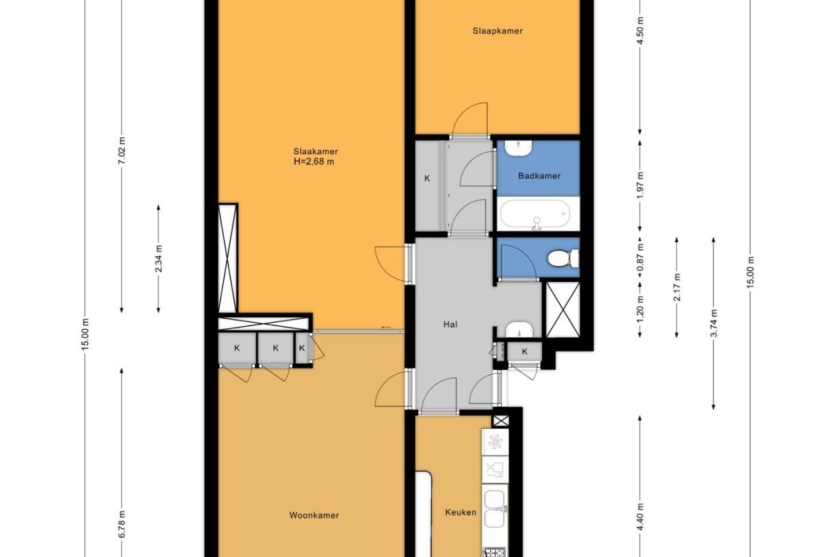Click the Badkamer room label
coord(539,176)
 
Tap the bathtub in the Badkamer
coord(538,214)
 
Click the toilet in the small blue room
coord(563,258)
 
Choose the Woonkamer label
coord(314,515)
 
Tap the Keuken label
coord(460,512)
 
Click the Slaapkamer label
coord(498,31)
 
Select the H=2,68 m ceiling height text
coord(316,162)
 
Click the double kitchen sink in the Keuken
coord(495,508)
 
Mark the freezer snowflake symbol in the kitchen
coord(495,441)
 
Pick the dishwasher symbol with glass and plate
coord(495,470)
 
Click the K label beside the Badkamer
coord(427,179)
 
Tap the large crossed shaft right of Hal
coord(562,309)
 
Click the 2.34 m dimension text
coord(159,258)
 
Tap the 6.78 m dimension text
coord(123,524)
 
